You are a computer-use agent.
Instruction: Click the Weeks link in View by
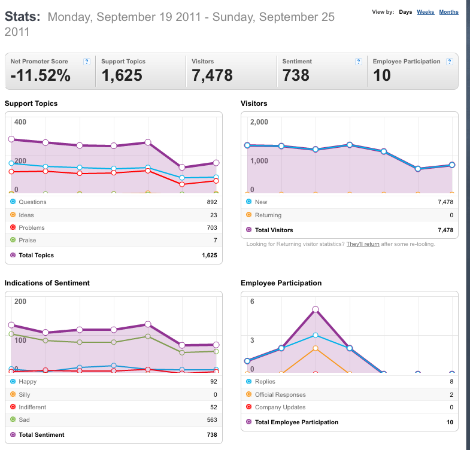(x=425, y=12)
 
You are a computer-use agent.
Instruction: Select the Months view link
(x=448, y=12)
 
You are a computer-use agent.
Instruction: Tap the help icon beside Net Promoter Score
(x=87, y=62)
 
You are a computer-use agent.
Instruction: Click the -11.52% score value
(x=41, y=75)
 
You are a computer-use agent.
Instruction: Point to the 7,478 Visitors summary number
(x=212, y=75)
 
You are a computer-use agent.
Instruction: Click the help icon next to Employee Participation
(x=449, y=62)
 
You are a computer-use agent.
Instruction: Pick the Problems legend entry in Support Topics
(x=32, y=228)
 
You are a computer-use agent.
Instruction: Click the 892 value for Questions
(x=212, y=202)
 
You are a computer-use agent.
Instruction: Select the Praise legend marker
(x=13, y=240)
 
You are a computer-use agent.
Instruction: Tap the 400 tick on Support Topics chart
(x=20, y=122)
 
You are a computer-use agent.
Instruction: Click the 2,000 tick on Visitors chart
(x=259, y=122)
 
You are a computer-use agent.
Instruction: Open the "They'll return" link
(x=363, y=244)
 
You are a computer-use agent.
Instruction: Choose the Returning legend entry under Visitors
(x=268, y=215)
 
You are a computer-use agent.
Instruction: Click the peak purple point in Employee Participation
(x=316, y=309)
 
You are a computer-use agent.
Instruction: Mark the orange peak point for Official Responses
(x=316, y=348)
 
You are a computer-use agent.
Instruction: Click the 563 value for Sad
(x=212, y=419)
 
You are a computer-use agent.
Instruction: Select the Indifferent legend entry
(x=32, y=407)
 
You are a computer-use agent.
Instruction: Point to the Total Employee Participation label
(x=296, y=422)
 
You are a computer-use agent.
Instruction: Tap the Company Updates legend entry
(x=280, y=407)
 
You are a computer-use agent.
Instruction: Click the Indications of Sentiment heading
(x=47, y=283)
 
